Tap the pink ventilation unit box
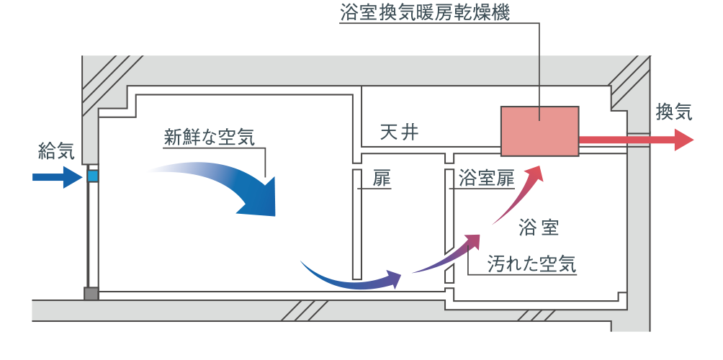(540, 130)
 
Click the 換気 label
(673, 112)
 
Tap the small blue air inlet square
(92, 176)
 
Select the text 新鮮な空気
(209, 137)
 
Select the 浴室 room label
(539, 228)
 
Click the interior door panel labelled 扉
(356, 223)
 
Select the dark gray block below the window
(91, 294)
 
